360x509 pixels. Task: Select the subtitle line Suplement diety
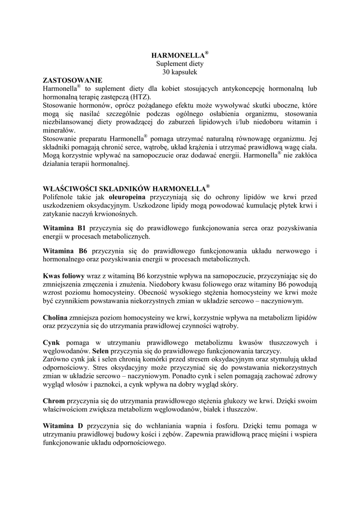pos(180,64)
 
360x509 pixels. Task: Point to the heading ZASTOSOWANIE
pos(73,80)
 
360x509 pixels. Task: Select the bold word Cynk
pos(51,342)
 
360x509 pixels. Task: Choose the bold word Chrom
pos(54,400)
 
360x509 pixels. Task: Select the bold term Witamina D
pos(63,426)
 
